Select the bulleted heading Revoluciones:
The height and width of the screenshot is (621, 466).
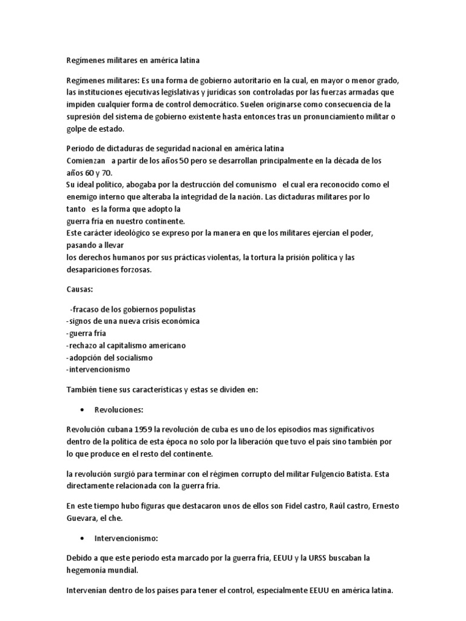118,410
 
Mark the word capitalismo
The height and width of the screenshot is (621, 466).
129,345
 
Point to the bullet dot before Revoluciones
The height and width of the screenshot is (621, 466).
82,410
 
